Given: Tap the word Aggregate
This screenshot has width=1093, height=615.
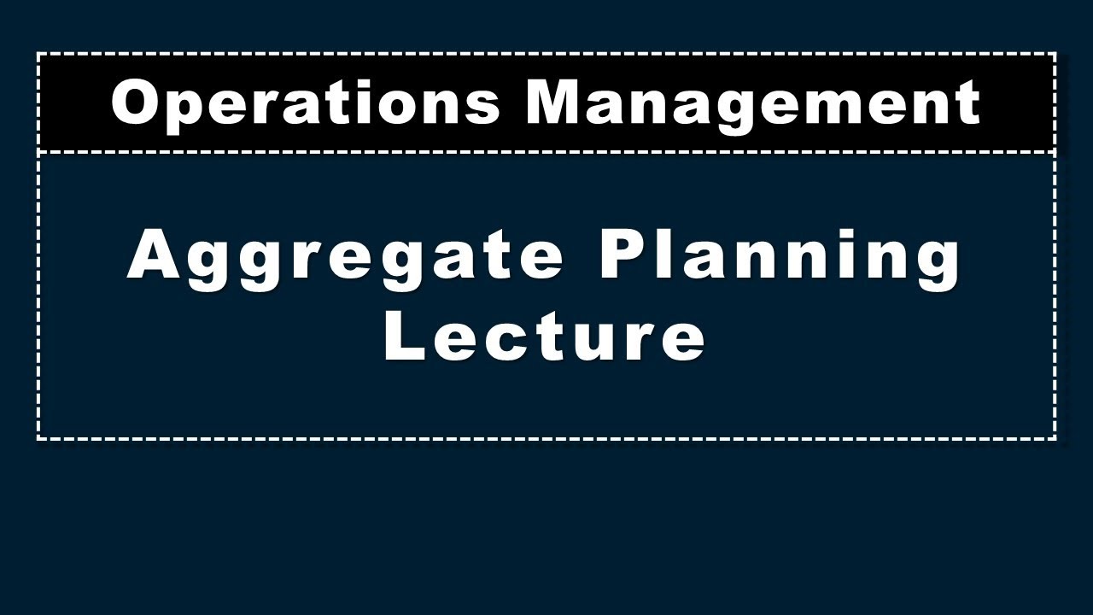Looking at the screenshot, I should [x=346, y=256].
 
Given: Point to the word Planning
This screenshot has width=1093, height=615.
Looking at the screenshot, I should [x=780, y=256].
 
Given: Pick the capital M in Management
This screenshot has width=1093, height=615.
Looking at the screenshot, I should [x=560, y=102].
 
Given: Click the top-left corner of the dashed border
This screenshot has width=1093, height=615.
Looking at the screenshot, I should [x=38, y=54].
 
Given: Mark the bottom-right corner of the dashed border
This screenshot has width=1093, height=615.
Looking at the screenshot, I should [x=1055, y=439].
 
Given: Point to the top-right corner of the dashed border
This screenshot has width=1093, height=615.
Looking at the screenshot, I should [x=1055, y=54].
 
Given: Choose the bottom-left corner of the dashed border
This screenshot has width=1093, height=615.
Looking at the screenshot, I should [x=38, y=439].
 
